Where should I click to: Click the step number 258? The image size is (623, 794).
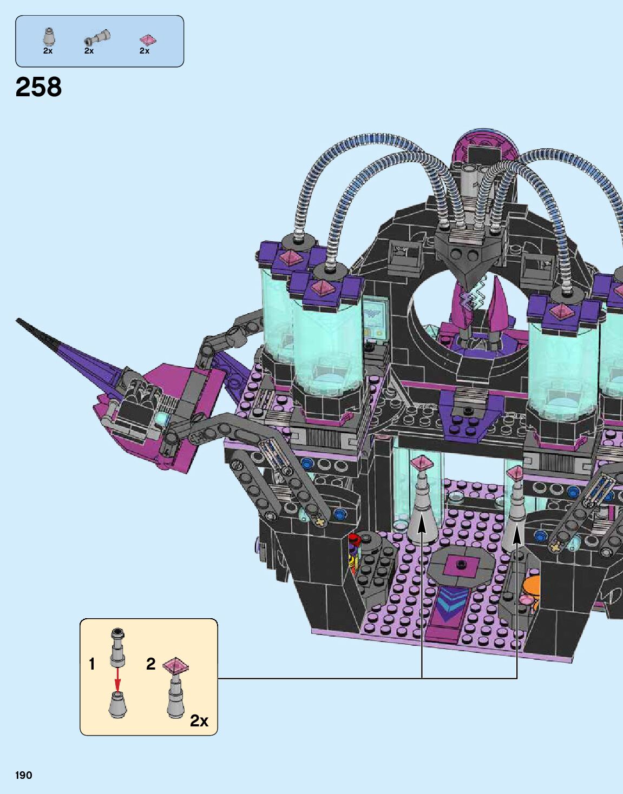pyautogui.click(x=38, y=87)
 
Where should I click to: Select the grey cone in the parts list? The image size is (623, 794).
pyautogui.click(x=48, y=37)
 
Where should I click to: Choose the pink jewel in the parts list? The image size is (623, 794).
pyautogui.click(x=148, y=40)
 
